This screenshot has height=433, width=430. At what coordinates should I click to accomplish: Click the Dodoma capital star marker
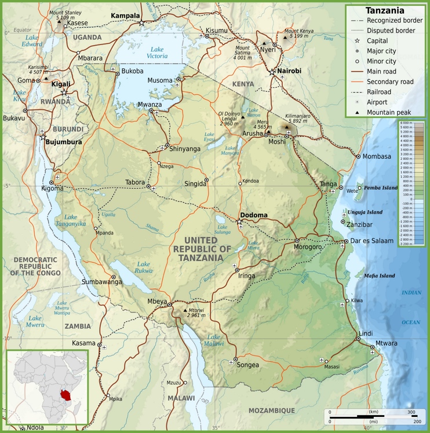click(x=239, y=222)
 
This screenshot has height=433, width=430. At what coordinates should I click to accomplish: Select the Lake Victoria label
click(x=158, y=52)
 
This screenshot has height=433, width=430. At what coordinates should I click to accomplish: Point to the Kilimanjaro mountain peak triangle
click(x=286, y=127)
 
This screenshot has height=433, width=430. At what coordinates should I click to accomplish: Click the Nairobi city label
click(x=289, y=71)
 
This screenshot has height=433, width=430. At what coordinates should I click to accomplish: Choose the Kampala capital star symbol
click(x=141, y=23)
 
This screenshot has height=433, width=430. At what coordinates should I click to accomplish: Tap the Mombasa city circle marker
click(x=358, y=156)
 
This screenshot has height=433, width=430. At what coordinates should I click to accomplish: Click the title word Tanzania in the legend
click(x=385, y=10)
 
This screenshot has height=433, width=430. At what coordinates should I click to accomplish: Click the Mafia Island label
click(x=379, y=275)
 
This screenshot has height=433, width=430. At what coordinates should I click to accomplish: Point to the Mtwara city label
click(x=387, y=343)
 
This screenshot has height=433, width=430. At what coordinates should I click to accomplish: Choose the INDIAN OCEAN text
click(x=411, y=307)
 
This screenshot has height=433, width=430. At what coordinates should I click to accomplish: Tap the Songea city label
click(x=248, y=365)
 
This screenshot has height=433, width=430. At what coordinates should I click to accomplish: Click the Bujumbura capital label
click(x=64, y=141)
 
